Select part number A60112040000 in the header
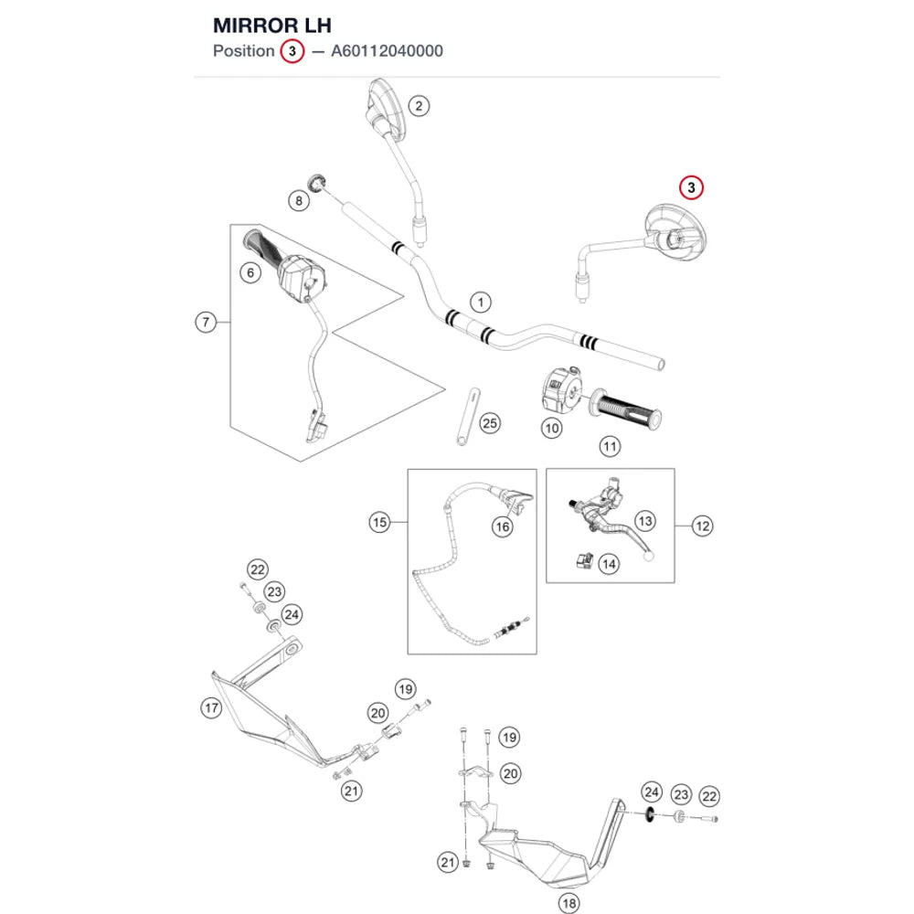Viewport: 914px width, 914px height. coord(387,51)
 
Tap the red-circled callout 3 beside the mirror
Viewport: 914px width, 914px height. coord(691,187)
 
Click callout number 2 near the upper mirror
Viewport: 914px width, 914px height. coord(419,106)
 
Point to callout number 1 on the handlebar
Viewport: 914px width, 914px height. coord(481,303)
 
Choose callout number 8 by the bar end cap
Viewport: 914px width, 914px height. coord(299,201)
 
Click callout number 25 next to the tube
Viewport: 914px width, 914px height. coord(490,423)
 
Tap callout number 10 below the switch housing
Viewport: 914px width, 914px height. coord(551,429)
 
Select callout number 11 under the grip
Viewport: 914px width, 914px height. coord(610,447)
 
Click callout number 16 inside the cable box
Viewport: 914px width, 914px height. coord(503,527)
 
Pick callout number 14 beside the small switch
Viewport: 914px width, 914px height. coord(609,564)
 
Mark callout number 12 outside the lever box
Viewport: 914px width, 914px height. coord(702,526)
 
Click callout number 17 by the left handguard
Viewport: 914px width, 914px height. coord(212,708)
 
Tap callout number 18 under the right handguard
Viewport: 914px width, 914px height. coord(569,904)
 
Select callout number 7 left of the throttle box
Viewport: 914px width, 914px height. coord(206,322)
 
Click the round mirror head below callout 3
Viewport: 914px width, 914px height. coord(676,232)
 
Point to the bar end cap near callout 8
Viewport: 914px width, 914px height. coord(316,182)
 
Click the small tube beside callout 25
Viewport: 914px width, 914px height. coord(468,417)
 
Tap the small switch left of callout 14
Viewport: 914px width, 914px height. coord(584,561)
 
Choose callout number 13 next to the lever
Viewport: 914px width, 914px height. coord(644,521)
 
